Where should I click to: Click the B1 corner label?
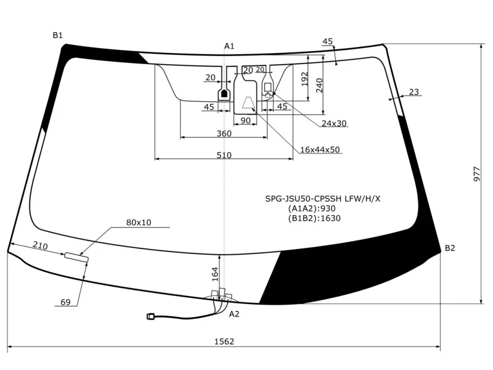(57, 36)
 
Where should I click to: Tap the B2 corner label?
(450, 248)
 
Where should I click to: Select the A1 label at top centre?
(229, 46)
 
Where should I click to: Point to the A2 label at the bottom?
(234, 314)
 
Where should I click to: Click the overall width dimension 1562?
(224, 341)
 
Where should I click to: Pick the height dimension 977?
(477, 174)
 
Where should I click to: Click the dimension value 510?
(224, 155)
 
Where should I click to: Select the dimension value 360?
(224, 134)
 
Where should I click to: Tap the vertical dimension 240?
(319, 84)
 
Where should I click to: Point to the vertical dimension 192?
(304, 79)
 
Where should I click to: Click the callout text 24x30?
(334, 123)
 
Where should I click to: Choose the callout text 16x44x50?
(320, 150)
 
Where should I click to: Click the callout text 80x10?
(139, 223)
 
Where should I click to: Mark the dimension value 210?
(40, 246)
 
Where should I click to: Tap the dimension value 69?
(65, 302)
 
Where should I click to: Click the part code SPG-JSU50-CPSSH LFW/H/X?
(323, 199)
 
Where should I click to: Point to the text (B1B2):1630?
(314, 218)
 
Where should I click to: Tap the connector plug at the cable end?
(151, 316)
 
